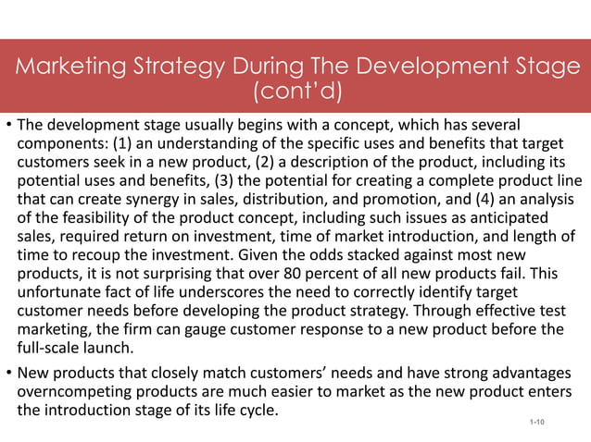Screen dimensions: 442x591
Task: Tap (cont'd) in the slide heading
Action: pyautogui.click(x=295, y=92)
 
